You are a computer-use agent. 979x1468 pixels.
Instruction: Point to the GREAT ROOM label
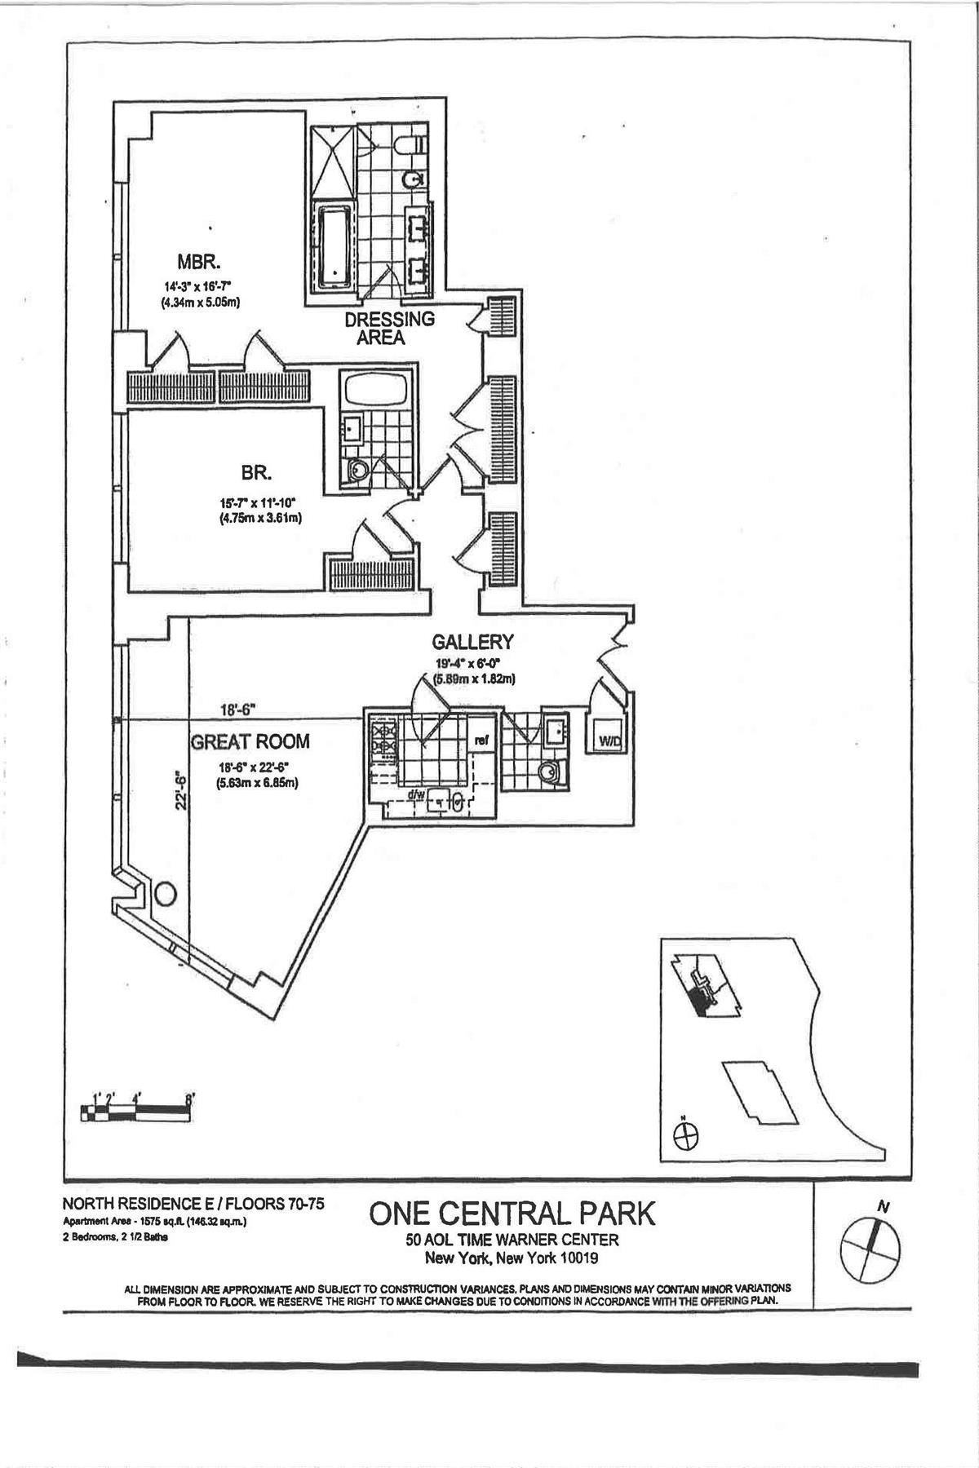pyautogui.click(x=250, y=741)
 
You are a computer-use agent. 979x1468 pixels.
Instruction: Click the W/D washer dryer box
pyautogui.click(x=609, y=741)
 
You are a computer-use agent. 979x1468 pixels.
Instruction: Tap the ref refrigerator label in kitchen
pyautogui.click(x=481, y=741)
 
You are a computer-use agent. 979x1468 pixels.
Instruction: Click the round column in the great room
pyautogui.click(x=164, y=893)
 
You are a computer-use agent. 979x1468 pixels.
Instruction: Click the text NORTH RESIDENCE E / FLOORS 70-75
pyautogui.click(x=193, y=1204)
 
